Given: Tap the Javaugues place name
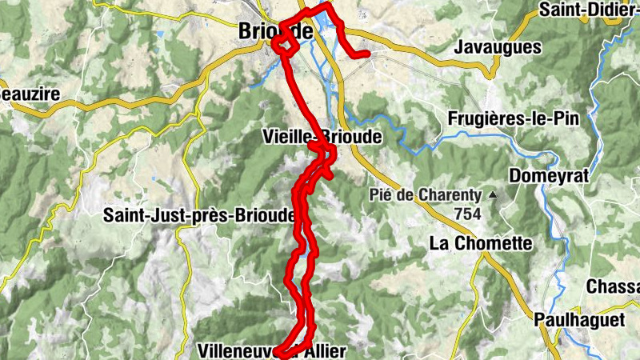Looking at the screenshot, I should [498, 48].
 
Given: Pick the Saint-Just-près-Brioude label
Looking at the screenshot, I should [199, 215].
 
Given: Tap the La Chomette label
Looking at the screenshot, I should [481, 242].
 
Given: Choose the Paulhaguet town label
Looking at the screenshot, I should [579, 318].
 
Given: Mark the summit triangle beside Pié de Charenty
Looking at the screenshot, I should [494, 194].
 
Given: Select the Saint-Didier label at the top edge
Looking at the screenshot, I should [589, 10].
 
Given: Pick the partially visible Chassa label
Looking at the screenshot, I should [612, 286].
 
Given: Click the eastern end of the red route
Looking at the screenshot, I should [366, 54].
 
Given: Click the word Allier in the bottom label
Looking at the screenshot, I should [322, 350].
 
